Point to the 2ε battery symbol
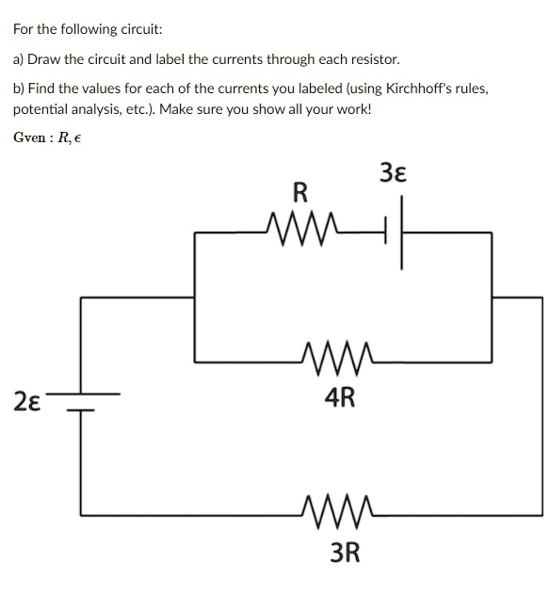tap(80, 401)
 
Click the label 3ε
tap(394, 173)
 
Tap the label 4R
tap(339, 398)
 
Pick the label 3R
tap(345, 552)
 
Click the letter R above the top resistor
tap(299, 194)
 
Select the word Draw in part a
tap(45, 59)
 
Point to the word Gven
tap(30, 137)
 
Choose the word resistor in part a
tap(377, 59)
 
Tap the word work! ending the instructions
tap(352, 109)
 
